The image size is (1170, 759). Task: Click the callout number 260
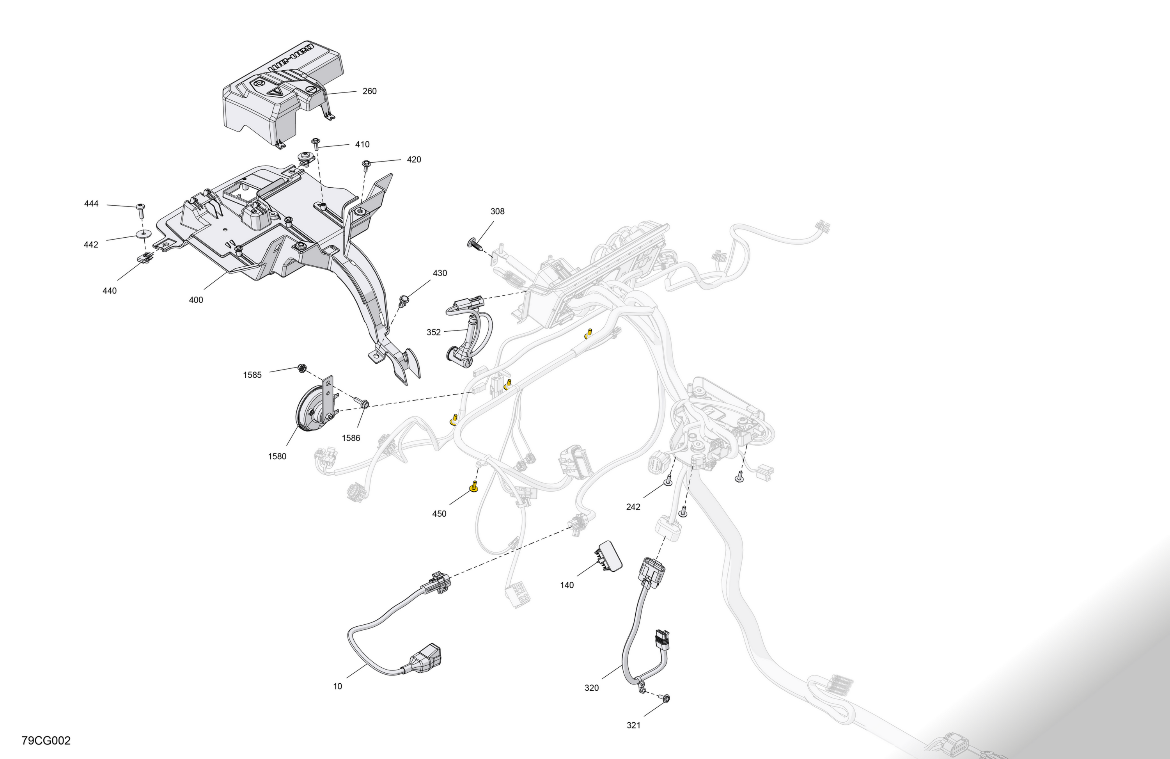click(x=369, y=91)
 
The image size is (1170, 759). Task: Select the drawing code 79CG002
click(x=46, y=741)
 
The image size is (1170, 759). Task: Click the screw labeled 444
click(x=141, y=211)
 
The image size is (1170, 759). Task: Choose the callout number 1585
click(x=252, y=375)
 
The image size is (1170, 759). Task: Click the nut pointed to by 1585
click(x=302, y=368)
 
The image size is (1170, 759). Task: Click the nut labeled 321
click(x=667, y=698)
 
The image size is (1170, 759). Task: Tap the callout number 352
click(x=434, y=332)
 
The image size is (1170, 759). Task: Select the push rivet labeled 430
click(x=404, y=300)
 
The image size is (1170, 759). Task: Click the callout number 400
click(x=196, y=300)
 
